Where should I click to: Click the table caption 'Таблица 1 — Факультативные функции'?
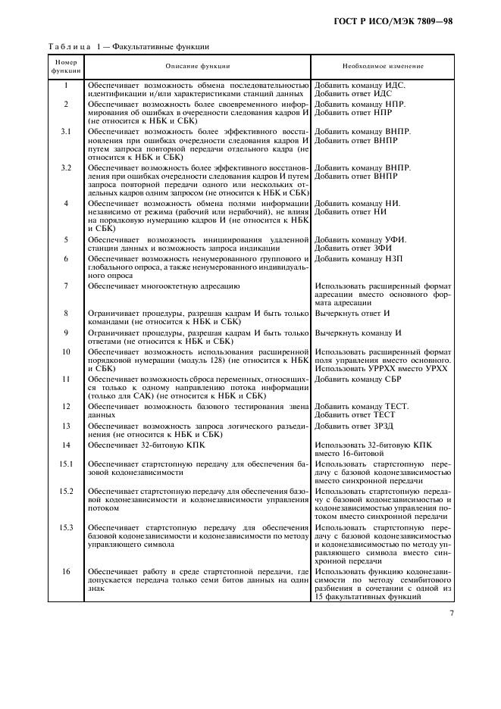coord(129,46)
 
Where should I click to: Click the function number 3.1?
coord(66,131)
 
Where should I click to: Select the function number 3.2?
coord(66,167)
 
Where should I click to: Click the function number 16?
coord(66,570)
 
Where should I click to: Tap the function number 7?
coord(66,286)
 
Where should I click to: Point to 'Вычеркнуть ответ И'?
coord(352,312)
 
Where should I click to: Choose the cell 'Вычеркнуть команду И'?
coord(358,333)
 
